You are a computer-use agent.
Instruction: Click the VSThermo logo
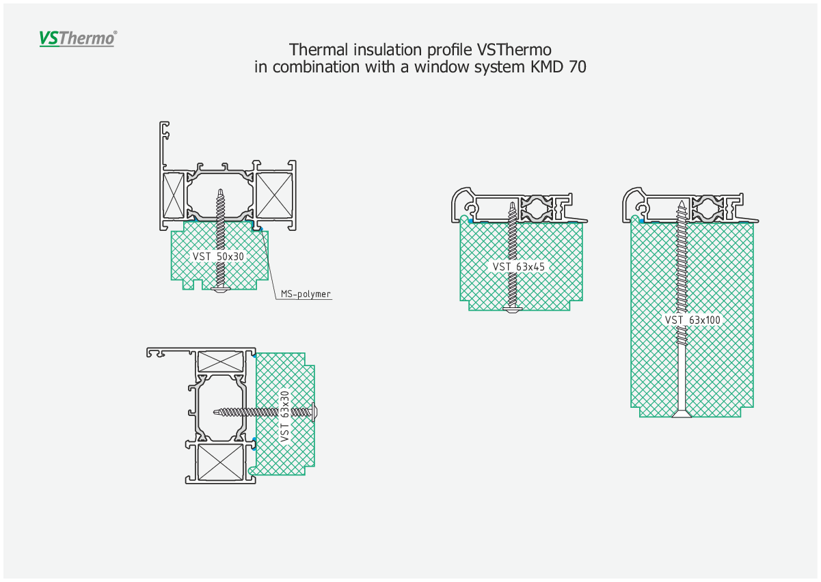(x=78, y=38)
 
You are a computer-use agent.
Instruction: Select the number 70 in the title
(x=578, y=67)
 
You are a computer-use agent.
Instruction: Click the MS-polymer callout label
(x=306, y=294)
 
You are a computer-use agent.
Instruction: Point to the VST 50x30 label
(x=218, y=256)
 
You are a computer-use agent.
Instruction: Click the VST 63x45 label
(x=518, y=266)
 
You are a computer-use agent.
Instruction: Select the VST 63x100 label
(x=692, y=320)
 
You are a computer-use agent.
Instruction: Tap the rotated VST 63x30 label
(x=284, y=417)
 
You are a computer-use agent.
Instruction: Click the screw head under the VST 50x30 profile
(x=220, y=290)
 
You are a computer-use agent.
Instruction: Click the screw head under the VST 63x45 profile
(x=513, y=310)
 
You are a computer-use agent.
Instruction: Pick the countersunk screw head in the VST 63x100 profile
(x=682, y=413)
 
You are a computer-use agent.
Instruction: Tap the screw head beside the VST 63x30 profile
(x=314, y=413)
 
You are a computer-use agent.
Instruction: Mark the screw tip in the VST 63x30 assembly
(x=215, y=413)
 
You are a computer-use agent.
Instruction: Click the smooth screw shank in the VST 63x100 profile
(x=682, y=377)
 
